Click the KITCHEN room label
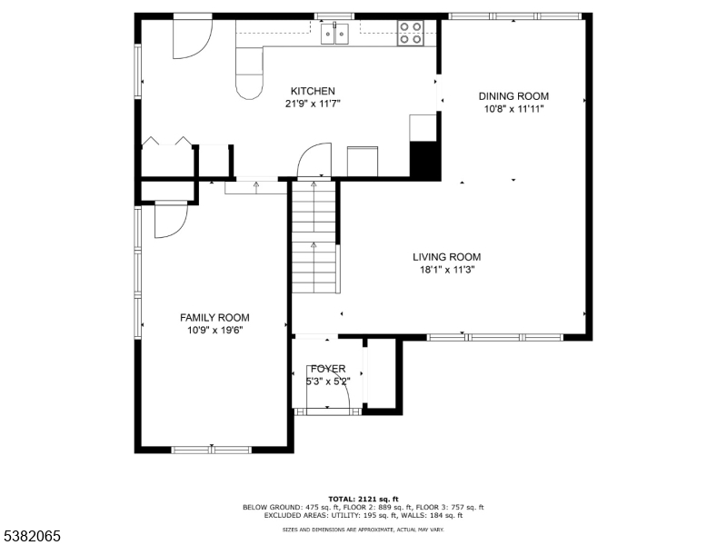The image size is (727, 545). click(313, 91)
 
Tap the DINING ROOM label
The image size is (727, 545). click(513, 95)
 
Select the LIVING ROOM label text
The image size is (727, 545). click(445, 257)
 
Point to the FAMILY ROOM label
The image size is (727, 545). click(214, 317)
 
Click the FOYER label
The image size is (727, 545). click(327, 369)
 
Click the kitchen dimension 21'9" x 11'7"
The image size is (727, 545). click(313, 104)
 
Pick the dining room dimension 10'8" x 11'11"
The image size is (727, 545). click(513, 108)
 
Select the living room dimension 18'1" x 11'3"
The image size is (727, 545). click(445, 269)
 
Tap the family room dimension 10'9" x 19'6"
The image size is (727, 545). click(214, 330)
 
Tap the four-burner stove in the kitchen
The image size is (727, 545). click(410, 34)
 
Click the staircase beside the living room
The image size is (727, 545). click(314, 236)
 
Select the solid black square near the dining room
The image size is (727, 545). click(424, 160)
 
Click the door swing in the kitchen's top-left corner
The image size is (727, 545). click(192, 35)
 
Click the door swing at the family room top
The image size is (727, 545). click(170, 218)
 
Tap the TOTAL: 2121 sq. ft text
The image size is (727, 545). click(363, 499)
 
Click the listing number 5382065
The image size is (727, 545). click(32, 536)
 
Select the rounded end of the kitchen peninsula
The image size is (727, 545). click(247, 85)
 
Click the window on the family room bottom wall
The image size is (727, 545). click(211, 449)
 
